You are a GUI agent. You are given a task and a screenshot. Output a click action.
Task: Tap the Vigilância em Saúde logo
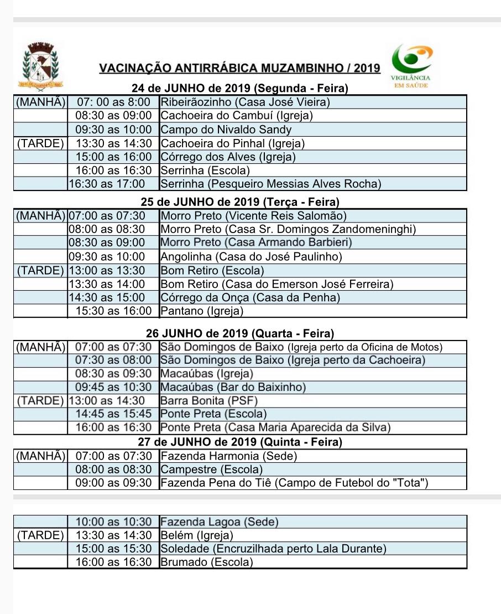(411, 65)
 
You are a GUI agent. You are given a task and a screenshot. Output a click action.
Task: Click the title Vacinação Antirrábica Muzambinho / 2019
(239, 69)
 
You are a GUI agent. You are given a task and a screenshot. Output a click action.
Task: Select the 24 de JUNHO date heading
(239, 89)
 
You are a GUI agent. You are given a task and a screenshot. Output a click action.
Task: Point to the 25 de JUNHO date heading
(239, 202)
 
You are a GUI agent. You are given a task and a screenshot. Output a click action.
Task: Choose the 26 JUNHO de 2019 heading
(239, 334)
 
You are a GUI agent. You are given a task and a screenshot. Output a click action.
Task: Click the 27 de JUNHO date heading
(239, 442)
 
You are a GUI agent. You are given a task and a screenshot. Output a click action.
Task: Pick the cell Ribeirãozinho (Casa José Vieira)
(245, 102)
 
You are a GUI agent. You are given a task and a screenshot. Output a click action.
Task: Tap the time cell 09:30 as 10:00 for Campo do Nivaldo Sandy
(113, 130)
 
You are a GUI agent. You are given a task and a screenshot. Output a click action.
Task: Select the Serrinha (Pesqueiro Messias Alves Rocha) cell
(270, 184)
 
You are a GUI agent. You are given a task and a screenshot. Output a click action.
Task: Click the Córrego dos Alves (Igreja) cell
(228, 157)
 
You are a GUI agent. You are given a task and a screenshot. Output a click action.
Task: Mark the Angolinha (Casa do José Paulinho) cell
(251, 256)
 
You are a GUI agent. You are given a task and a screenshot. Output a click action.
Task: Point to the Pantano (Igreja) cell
(202, 311)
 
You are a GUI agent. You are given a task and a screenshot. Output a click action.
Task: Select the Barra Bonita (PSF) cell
(209, 400)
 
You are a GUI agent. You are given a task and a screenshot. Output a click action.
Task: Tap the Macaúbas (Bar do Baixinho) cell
(233, 387)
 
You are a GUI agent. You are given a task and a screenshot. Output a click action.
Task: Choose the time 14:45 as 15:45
(113, 414)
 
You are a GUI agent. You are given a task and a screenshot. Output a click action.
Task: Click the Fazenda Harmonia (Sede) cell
(228, 456)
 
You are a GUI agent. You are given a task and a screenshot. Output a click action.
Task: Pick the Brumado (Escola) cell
(206, 562)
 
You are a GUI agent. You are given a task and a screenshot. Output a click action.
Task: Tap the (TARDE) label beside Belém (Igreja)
(40, 535)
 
